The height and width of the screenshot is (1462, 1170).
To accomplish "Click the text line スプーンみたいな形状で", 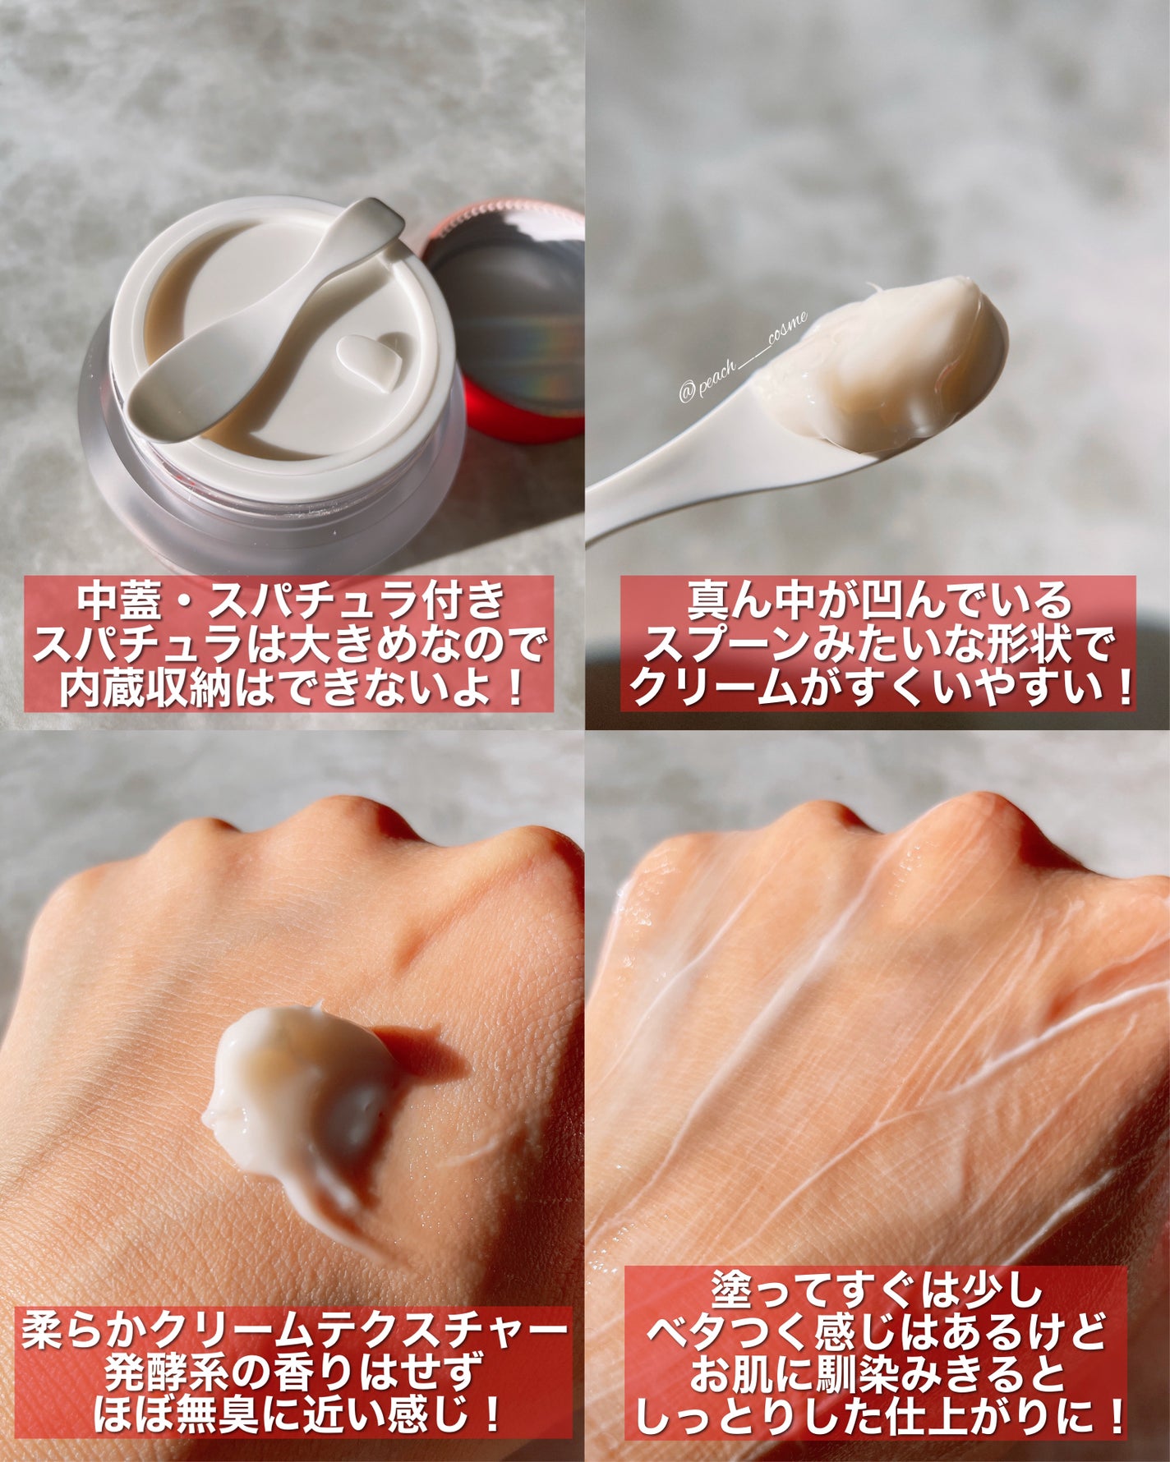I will pos(877,646).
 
